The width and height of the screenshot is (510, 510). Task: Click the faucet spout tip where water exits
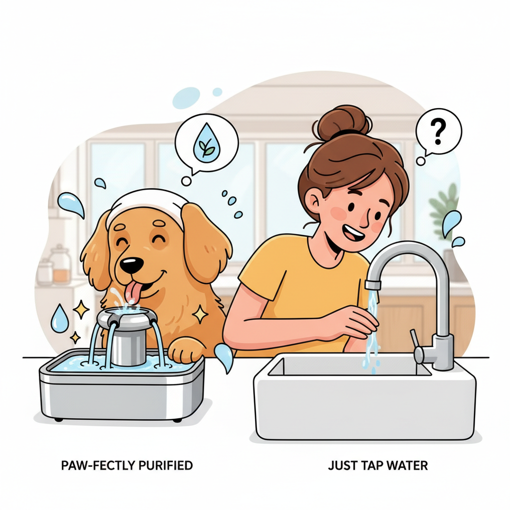click(x=373, y=285)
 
